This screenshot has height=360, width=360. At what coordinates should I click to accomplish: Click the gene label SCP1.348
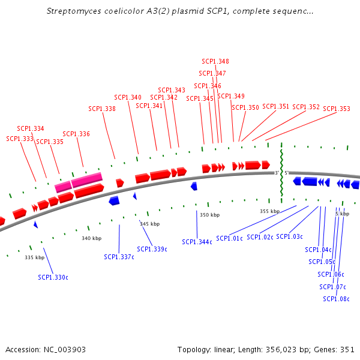click(215, 61)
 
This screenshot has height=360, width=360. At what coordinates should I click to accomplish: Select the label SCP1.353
click(337, 109)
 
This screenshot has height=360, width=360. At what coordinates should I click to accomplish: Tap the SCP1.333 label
click(20, 139)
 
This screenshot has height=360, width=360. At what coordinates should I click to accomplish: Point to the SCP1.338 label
click(102, 109)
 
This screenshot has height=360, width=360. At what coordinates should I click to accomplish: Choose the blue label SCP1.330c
click(53, 277)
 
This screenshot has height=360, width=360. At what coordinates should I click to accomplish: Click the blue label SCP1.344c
click(197, 242)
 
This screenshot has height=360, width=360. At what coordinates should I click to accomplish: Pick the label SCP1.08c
click(336, 299)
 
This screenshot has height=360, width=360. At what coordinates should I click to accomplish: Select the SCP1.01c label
click(230, 238)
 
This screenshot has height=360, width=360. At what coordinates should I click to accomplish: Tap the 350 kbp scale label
click(209, 215)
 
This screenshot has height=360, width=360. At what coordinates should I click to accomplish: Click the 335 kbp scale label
click(35, 257)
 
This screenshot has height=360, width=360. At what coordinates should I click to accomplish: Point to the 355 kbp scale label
click(269, 211)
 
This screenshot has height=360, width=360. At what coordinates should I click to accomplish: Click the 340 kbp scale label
click(92, 238)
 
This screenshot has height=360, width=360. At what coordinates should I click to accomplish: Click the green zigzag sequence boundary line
click(281, 174)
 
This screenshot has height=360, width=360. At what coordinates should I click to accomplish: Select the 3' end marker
click(277, 173)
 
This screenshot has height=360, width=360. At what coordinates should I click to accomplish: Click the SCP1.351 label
click(276, 106)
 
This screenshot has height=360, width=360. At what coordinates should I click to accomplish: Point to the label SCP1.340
click(128, 97)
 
